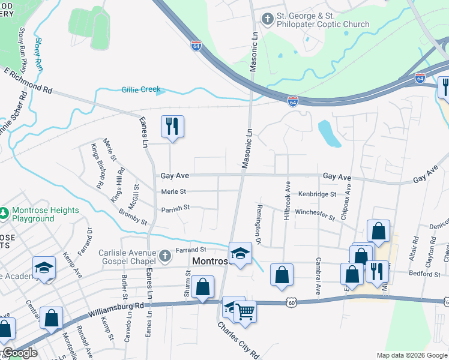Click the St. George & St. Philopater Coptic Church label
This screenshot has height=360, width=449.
(323, 20)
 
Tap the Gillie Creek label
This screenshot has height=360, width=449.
(141, 89)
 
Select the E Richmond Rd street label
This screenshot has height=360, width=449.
(28, 80)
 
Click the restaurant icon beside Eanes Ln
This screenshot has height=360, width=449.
(172, 127)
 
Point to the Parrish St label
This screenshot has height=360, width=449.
(175, 208)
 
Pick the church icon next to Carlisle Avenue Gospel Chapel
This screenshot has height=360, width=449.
(166, 257)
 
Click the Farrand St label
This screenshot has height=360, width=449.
(191, 250)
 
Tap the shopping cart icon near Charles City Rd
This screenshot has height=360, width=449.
(245, 312)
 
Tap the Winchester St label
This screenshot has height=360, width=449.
(315, 213)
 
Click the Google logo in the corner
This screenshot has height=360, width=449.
(20, 353)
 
